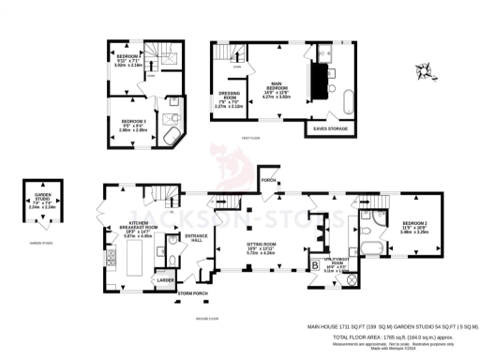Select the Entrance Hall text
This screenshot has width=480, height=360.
point(196,239)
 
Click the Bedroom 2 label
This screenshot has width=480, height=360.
point(413,226)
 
